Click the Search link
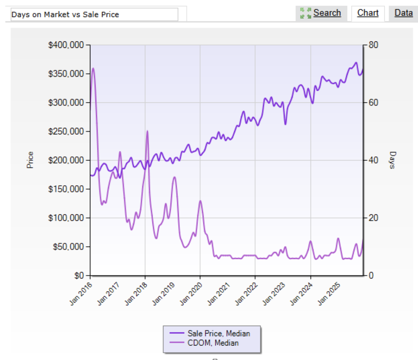tap(327, 13)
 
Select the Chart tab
tap(368, 13)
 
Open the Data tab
tap(403, 13)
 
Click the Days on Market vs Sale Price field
tap(94, 15)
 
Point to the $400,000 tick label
tap(66, 45)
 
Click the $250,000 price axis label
tap(66, 131)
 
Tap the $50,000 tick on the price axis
tap(68, 247)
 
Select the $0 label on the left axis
tap(79, 276)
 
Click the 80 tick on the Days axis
tap(373, 45)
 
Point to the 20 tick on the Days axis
tap(373, 218)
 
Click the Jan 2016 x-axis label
tap(80, 294)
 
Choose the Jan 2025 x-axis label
tap(329, 294)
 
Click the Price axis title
tap(30, 160)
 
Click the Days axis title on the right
tap(392, 160)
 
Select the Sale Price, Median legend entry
tap(219, 333)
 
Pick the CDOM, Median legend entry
tap(213, 343)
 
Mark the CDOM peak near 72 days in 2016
tap(93, 68)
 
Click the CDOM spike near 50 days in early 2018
tap(147, 131)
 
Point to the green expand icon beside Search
tap(305, 13)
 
